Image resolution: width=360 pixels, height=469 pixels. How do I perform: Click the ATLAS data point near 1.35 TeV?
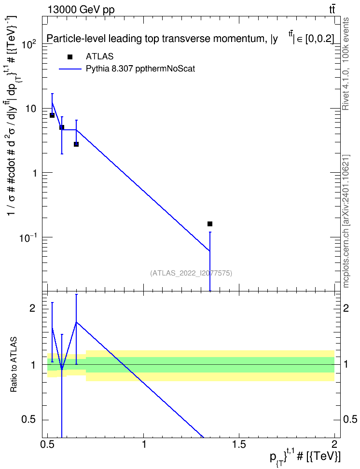tap(210, 224)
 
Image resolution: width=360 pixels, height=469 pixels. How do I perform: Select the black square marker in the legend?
tap(70, 56)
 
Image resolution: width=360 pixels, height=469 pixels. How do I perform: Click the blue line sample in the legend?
tap(70, 69)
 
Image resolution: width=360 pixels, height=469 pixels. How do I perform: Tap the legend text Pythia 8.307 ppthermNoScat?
tap(140, 69)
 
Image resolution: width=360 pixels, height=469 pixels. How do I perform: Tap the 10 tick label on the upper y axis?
tap(30, 108)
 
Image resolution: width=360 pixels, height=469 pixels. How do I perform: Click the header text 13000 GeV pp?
tap(81, 10)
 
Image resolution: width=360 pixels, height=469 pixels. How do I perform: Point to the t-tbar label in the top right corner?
tap(332, 10)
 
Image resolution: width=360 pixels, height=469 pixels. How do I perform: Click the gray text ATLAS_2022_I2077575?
tap(191, 273)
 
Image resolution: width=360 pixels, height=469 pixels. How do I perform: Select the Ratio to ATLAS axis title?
tap(14, 365)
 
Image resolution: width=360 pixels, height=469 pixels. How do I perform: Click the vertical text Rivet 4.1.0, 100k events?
tap(346, 64)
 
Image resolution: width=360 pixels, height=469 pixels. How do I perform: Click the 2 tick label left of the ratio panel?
tap(33, 308)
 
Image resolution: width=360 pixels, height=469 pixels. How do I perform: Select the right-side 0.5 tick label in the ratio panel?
tap(349, 419)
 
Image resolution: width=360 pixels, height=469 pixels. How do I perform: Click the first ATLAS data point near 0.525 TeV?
tap(52, 115)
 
